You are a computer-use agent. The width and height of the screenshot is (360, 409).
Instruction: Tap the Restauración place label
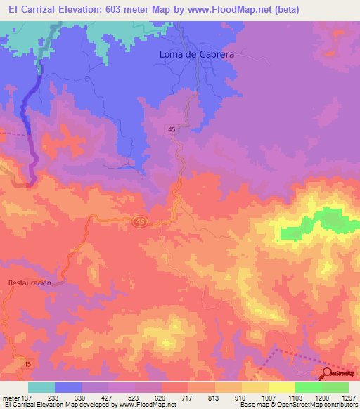click(30, 283)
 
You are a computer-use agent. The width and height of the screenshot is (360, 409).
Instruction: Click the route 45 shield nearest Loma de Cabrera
click(172, 129)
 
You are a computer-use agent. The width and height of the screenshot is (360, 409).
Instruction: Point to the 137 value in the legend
click(28, 397)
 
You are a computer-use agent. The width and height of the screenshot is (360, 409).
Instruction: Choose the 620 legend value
click(161, 397)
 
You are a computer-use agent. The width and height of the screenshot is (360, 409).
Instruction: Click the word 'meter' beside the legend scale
click(11, 397)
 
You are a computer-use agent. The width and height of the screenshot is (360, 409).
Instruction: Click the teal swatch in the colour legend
click(41, 387)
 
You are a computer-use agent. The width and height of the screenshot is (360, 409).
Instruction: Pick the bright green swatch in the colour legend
click(308, 387)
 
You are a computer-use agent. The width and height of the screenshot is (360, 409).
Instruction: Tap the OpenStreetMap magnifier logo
click(328, 373)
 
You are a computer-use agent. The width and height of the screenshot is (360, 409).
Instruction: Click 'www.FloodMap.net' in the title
click(224, 10)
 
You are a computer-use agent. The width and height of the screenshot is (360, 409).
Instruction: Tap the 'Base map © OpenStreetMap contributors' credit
click(298, 405)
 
